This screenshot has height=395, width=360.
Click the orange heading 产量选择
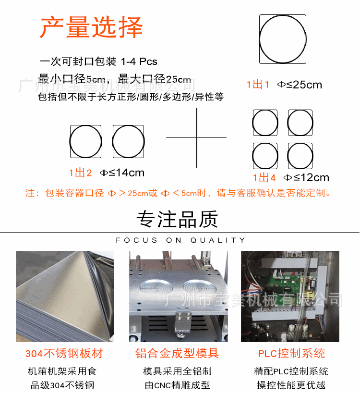91,27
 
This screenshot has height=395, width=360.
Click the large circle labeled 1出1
283,39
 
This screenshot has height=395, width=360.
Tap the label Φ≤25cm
300,85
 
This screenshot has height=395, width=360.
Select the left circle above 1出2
86,142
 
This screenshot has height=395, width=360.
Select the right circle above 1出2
129,142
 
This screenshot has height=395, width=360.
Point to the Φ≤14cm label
122,173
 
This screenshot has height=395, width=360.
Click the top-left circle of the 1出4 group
265,123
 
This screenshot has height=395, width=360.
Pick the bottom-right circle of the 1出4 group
300,156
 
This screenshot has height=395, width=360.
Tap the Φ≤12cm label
306,177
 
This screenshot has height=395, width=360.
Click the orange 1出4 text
264,177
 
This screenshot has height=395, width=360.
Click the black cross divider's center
197,137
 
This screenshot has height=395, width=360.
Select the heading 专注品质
178,219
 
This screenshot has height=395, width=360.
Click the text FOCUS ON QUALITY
180,240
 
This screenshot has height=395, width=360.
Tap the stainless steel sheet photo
65,296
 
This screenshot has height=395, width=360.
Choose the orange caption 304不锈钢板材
64,354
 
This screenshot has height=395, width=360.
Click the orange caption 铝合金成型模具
177,354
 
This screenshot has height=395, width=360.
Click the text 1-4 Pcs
139,62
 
